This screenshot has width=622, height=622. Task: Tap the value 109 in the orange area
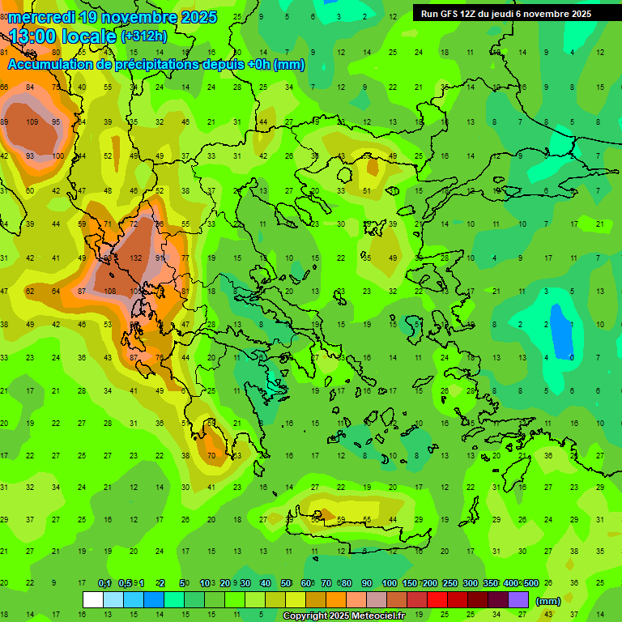click(x=32, y=122)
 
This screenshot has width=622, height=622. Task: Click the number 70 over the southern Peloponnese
click(x=211, y=456)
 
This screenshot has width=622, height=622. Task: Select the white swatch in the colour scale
click(x=93, y=600)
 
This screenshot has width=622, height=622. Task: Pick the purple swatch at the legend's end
click(x=518, y=600)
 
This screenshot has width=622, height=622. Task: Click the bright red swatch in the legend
click(x=437, y=600)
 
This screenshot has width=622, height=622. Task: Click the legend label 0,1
click(x=104, y=584)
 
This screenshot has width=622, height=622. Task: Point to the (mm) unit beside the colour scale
click(x=548, y=601)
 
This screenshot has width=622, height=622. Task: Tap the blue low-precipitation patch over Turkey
click(x=558, y=324)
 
